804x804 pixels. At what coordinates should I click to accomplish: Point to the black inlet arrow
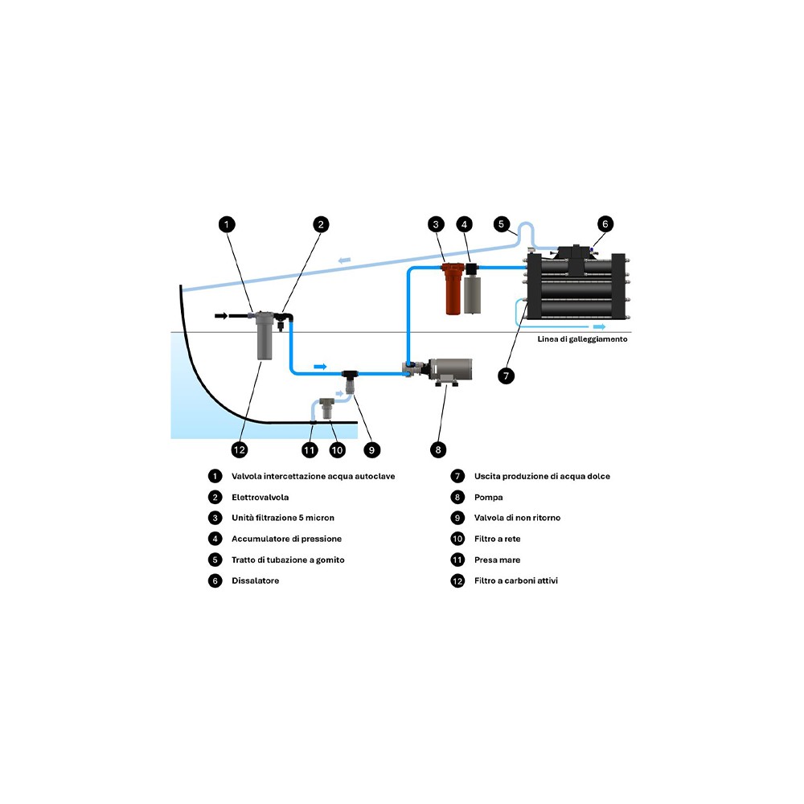(221, 316)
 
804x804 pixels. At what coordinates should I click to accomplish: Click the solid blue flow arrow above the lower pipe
(320, 366)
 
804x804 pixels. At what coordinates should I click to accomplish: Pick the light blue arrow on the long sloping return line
(344, 259)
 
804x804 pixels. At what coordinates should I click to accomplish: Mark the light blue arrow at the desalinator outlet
(599, 327)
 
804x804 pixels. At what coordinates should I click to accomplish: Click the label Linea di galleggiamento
(582, 339)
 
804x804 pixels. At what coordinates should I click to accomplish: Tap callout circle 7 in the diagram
(505, 375)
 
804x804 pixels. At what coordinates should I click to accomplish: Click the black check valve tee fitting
(351, 375)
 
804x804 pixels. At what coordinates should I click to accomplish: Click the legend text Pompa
(489, 497)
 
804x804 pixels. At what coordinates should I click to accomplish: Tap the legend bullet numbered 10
(457, 539)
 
